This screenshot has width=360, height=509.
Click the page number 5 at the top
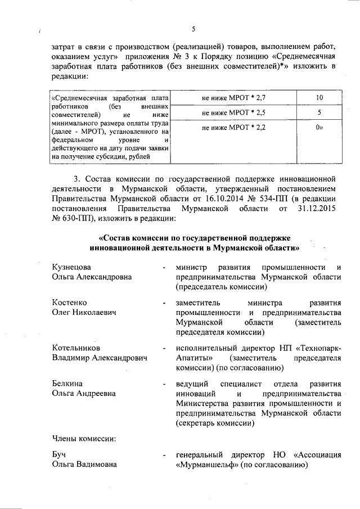pos(193,29)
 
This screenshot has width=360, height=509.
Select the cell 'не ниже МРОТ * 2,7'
pos(233,98)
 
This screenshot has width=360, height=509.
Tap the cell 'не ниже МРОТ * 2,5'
pos(233,113)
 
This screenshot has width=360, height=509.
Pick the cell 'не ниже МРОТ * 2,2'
pos(233,128)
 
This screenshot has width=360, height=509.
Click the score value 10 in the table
pos(319,98)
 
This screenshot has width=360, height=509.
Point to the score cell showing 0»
pos(319,128)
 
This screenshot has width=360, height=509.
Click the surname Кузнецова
pos(71,267)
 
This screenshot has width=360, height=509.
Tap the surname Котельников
pos(76,348)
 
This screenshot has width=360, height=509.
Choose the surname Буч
pos(59,454)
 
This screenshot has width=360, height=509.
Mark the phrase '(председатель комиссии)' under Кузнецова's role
pos(220,287)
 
